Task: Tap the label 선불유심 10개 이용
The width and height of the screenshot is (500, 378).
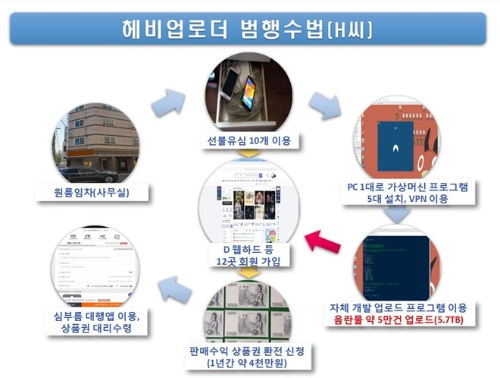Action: pyautogui.click(x=249, y=140)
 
